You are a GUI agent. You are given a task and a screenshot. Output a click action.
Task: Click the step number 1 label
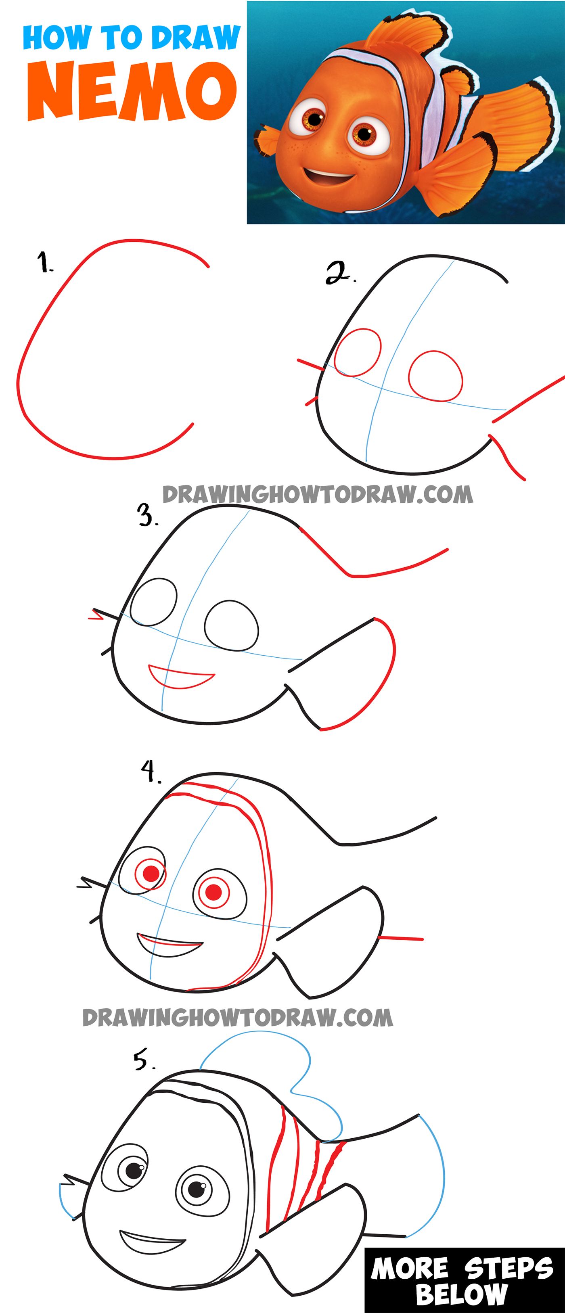pos(45,263)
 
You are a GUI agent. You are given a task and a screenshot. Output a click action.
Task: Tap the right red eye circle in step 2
pos(435,376)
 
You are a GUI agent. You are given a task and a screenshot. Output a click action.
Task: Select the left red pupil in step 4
pos(151,874)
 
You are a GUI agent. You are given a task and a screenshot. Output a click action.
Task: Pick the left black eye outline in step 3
pos(153,602)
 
